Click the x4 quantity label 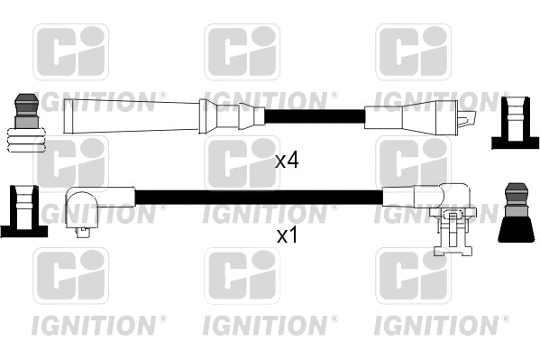[286, 162]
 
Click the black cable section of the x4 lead [311, 116]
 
